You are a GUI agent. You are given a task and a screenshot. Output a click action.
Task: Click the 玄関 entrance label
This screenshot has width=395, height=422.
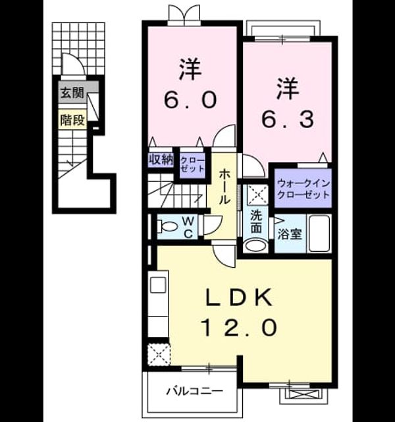pos(72,93)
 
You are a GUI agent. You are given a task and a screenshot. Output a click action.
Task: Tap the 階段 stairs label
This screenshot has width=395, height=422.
pos(72,120)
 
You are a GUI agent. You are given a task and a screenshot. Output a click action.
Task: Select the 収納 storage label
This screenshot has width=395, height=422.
pos(161,160)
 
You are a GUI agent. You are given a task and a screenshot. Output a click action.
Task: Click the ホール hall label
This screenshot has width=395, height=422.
pos(224,187)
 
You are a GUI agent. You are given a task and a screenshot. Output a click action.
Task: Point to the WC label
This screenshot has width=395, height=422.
pos(188,227)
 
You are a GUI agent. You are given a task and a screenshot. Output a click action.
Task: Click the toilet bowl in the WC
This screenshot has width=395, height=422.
pos(167,226)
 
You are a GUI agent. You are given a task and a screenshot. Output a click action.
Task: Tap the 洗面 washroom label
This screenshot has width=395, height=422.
pos(256,222)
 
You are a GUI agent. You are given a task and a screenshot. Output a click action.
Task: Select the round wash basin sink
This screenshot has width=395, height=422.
pos(256,246)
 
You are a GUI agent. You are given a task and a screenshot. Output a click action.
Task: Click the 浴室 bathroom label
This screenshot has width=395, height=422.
pos(290,234)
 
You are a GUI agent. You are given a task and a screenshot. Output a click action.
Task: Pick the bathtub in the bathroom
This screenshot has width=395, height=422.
pos(319,233)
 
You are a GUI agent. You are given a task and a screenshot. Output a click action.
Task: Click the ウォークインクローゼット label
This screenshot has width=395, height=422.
pos(303,189)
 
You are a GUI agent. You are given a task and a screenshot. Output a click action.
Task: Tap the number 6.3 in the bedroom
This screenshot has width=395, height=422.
pos(288,120)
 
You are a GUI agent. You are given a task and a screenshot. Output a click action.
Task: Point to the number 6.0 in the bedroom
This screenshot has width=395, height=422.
pos(190,100)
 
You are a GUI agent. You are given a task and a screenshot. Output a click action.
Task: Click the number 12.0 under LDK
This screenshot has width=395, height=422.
pos(240,328)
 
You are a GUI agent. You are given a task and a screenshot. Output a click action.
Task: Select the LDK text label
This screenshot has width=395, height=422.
pos(239,297)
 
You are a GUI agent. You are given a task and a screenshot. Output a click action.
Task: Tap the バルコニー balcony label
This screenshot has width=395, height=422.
pos(194,391)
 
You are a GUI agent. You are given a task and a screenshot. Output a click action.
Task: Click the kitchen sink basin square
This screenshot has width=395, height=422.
pos(157,285)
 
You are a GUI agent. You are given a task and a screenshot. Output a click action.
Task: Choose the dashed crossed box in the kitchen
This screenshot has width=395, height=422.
pos(159,355)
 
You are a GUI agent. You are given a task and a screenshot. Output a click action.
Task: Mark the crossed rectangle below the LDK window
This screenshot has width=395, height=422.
pos(303,395)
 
